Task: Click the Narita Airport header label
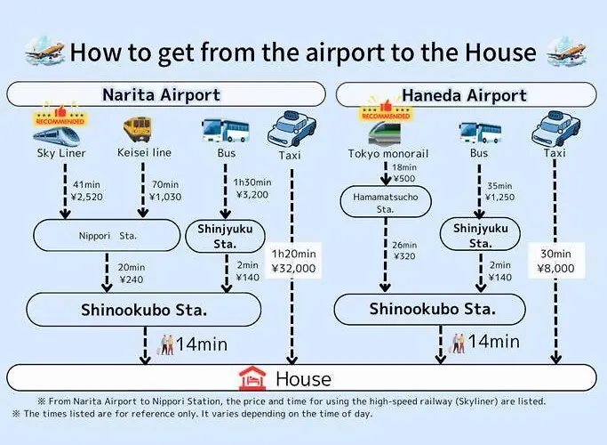click(161, 95)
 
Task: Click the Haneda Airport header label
click(465, 95)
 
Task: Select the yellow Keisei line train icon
click(138, 130)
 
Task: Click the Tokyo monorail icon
click(385, 133)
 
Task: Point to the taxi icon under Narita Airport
click(292, 129)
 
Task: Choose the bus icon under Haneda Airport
click(480, 133)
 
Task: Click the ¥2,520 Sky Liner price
click(87, 197)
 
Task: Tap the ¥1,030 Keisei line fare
click(165, 197)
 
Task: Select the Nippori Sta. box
click(107, 236)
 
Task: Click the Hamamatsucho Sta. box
click(386, 202)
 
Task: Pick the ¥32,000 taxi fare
click(293, 268)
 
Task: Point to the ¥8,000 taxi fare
click(556, 268)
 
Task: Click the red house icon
click(252, 378)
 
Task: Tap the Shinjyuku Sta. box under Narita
click(226, 236)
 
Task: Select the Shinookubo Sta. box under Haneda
click(430, 310)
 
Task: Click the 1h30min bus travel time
click(252, 182)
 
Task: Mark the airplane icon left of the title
click(45, 51)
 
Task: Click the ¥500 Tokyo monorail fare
click(404, 179)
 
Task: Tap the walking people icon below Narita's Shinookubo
click(167, 344)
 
